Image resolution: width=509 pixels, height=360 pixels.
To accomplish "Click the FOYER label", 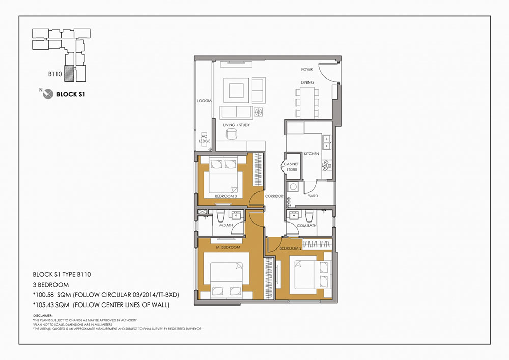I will point(307,69).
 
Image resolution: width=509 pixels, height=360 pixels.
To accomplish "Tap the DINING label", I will point(307,82).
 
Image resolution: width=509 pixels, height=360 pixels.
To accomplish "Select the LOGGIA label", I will point(204,101).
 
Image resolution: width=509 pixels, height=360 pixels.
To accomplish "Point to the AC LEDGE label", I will point(204,139).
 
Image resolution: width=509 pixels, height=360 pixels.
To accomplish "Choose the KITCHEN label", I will point(311,153).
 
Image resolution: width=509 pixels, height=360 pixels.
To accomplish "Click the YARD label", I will point(313,196).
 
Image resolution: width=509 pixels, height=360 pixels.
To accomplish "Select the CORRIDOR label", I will point(274,196).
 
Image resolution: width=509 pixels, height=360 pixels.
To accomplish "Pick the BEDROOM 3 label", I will point(225,196).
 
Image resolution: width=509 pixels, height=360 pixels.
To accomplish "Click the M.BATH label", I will point(226,225).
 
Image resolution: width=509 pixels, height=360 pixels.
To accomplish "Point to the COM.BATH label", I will point(307,225).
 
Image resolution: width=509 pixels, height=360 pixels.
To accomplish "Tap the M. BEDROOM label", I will point(228,247).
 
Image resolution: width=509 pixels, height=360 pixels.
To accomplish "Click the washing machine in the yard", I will point(292,187).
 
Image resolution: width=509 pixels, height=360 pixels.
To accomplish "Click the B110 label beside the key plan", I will point(55,74).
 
